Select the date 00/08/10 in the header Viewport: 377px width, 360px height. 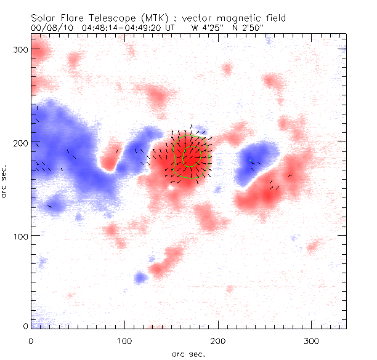pos(47,27)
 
